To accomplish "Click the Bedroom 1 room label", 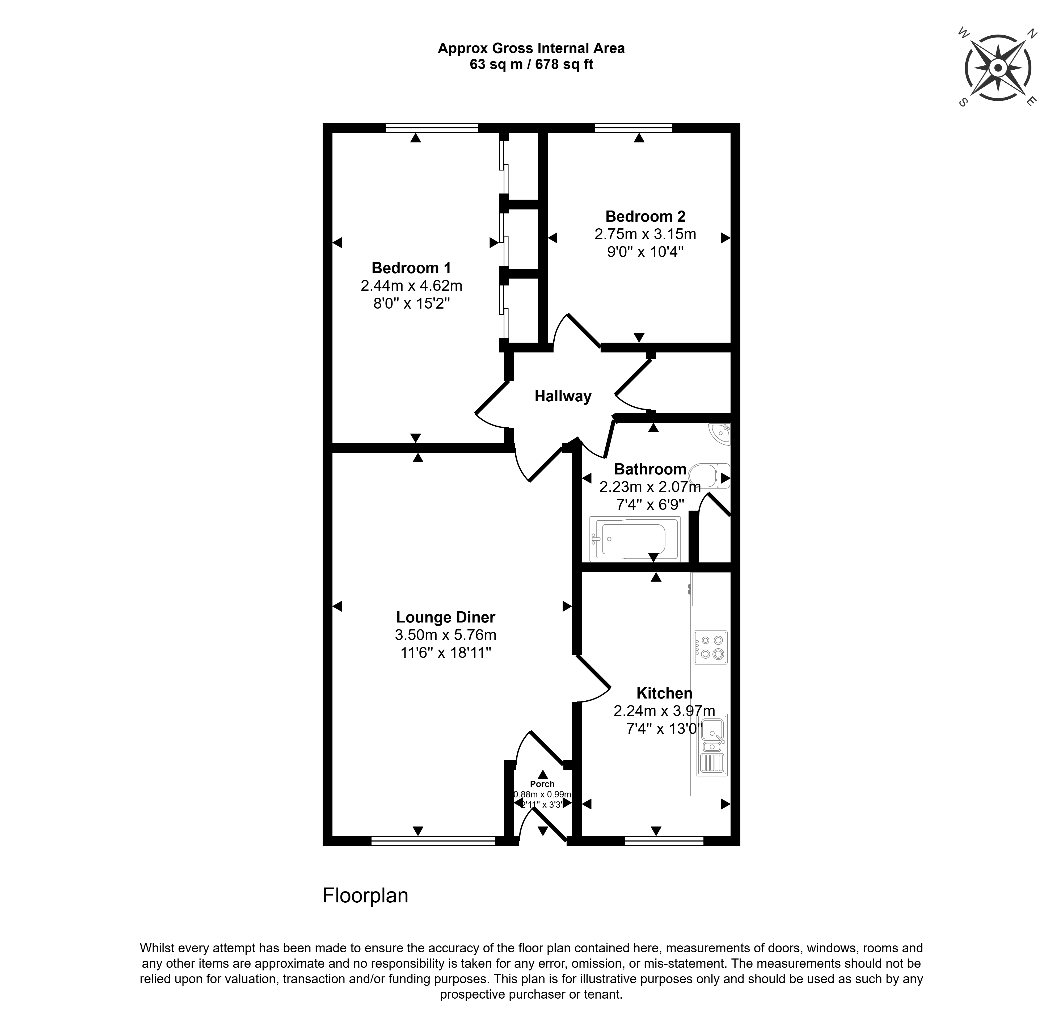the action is point(411,268).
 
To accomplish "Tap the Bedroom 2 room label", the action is point(646,216).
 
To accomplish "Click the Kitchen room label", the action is point(664,693).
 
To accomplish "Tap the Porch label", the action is point(542,784).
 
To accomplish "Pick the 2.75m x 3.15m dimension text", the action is point(646,234).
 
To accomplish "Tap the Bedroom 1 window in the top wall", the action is point(432,128).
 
